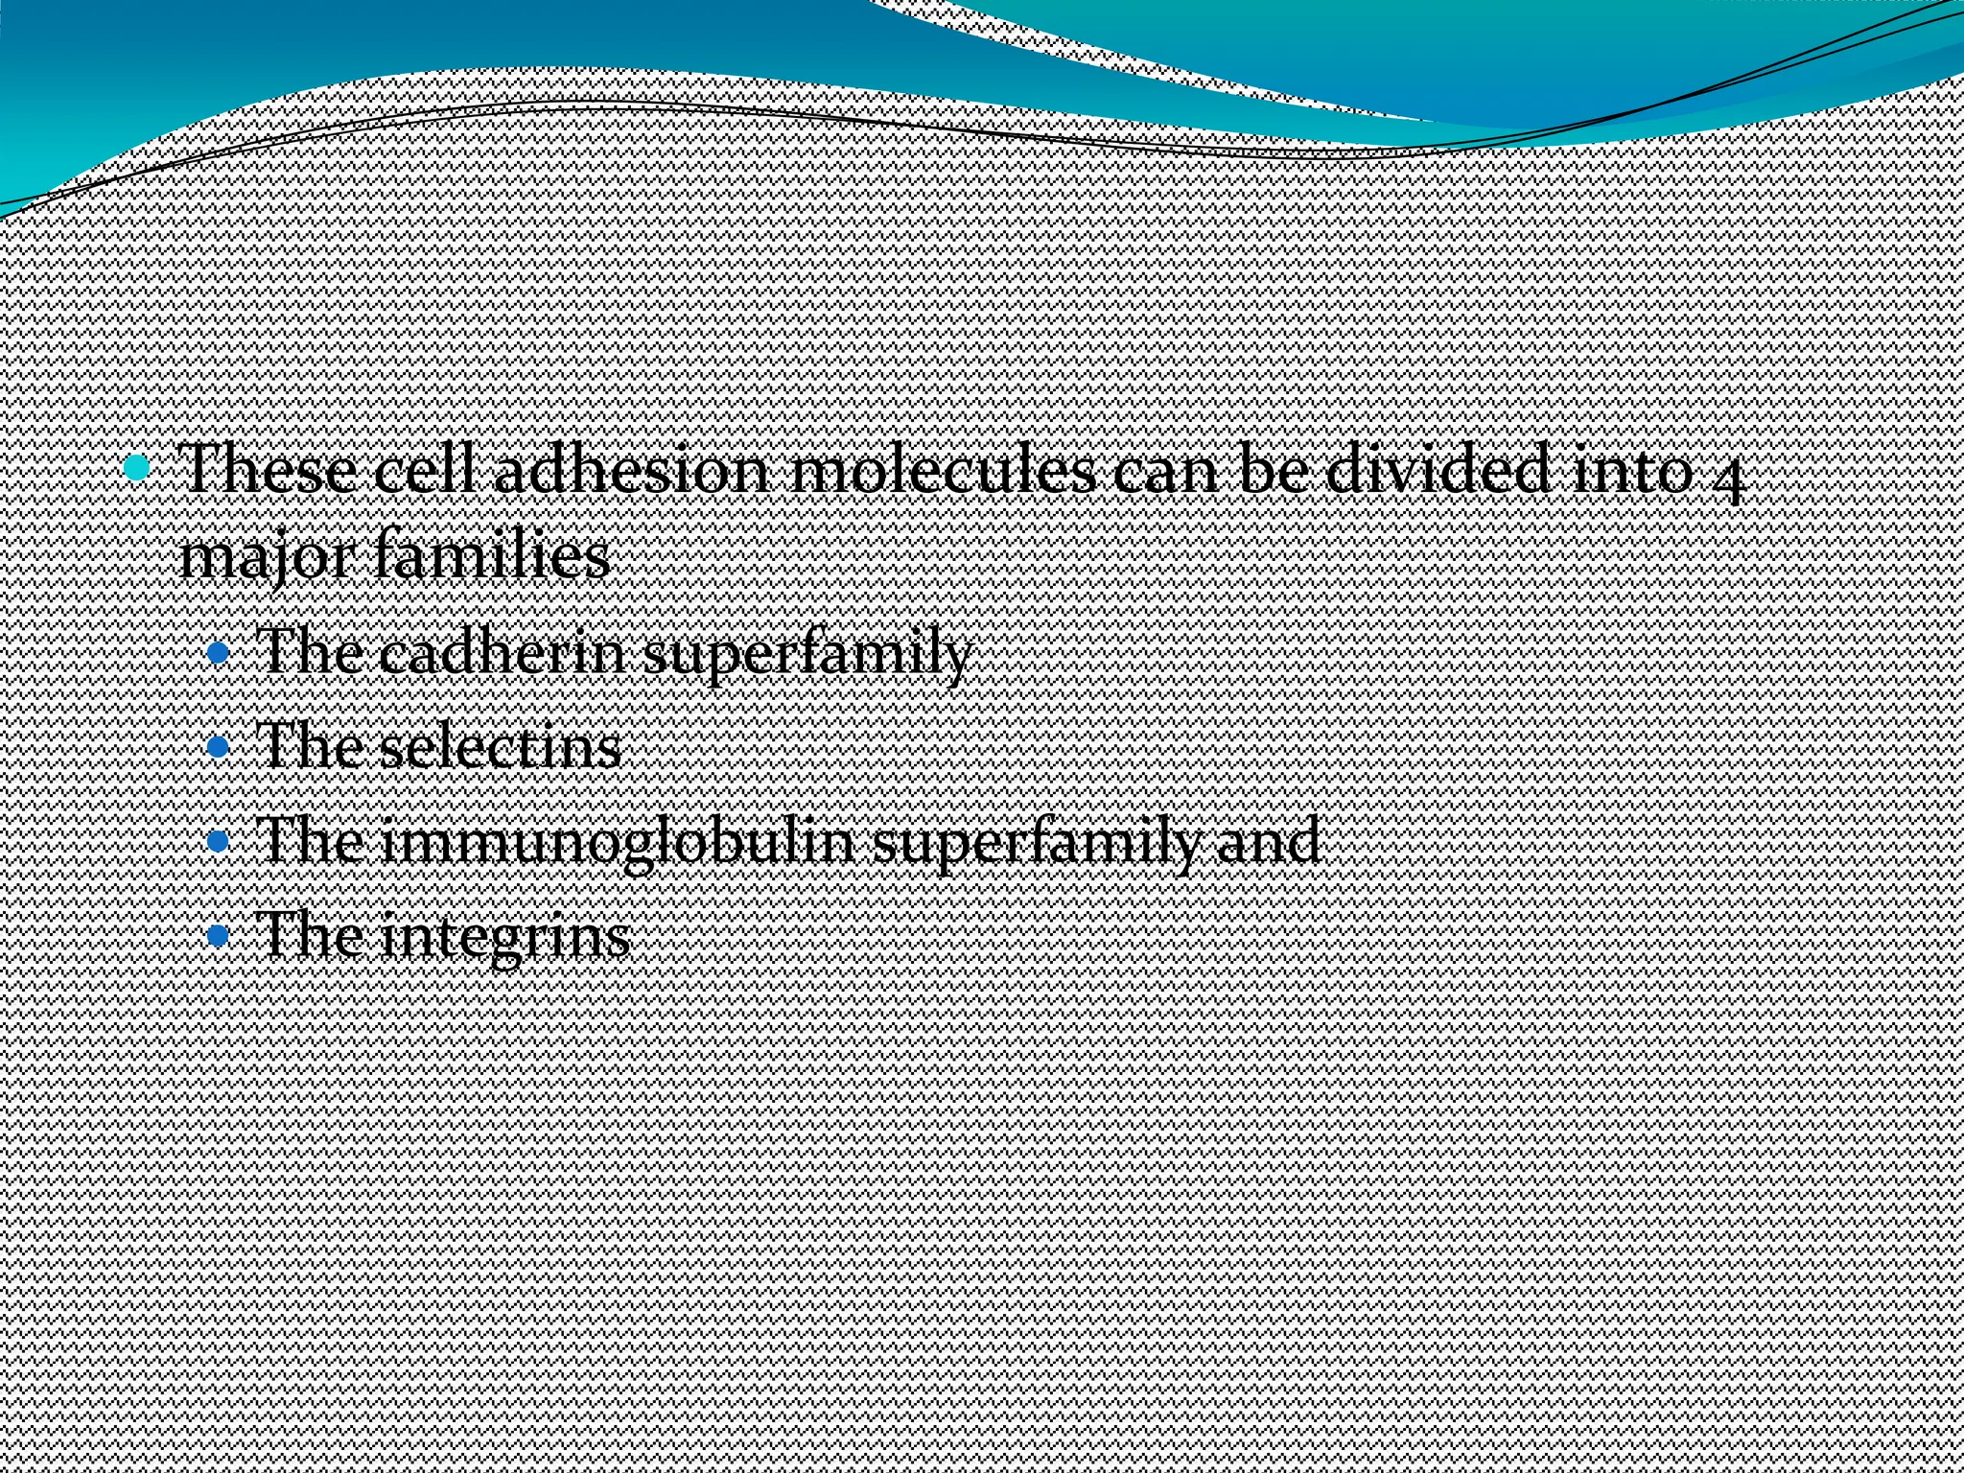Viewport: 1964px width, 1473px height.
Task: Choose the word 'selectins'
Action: point(500,747)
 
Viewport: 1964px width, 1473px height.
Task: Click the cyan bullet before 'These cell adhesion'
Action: point(139,469)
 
